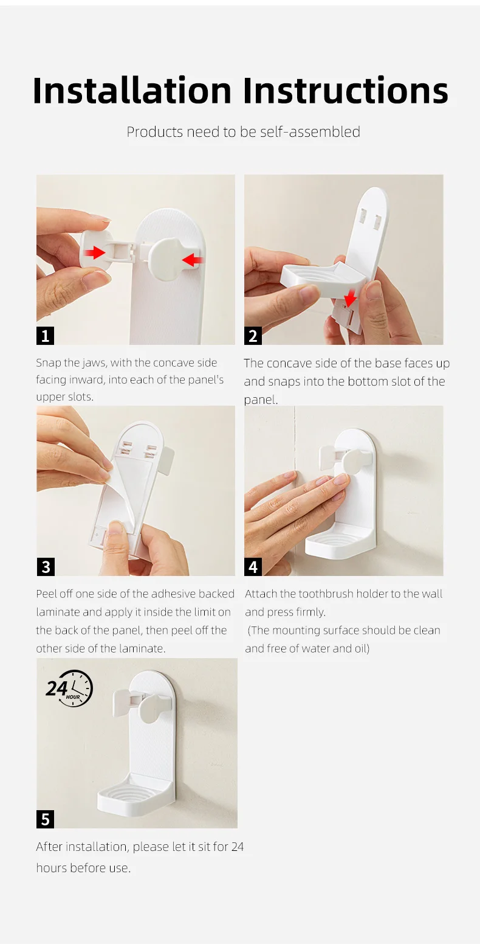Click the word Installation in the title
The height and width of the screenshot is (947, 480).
[x=132, y=91]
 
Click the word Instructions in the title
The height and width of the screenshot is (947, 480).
[x=345, y=91]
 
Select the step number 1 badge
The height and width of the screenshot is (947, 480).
[x=45, y=335]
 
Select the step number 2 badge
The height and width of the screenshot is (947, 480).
[x=253, y=335]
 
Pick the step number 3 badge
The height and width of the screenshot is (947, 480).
[x=45, y=567]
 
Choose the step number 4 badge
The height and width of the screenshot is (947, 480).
[x=253, y=567]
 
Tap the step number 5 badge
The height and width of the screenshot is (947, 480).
[x=45, y=819]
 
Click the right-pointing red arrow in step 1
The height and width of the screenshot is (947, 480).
[x=95, y=252]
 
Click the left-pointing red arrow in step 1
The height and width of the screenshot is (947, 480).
[x=192, y=260]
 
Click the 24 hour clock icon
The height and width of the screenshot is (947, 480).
[x=69, y=689]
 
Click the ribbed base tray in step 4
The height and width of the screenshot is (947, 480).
[x=340, y=539]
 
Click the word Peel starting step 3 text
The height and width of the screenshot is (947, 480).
[x=47, y=594]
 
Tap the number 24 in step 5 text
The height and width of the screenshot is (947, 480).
[x=237, y=847]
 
